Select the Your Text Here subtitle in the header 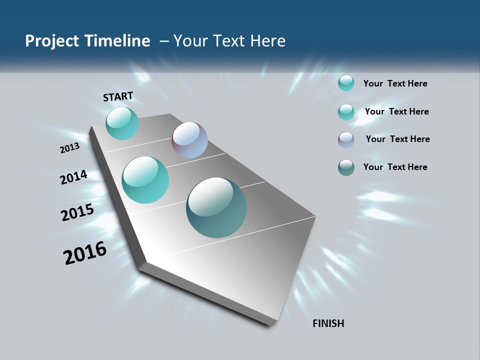click(x=229, y=41)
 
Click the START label click(x=118, y=96)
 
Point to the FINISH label click(x=328, y=323)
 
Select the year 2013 click(x=69, y=148)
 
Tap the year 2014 click(x=74, y=177)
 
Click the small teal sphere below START click(x=122, y=123)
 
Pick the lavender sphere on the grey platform click(x=189, y=140)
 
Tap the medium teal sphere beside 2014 click(x=145, y=180)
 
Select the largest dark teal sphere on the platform click(x=216, y=207)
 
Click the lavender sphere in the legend click(x=346, y=140)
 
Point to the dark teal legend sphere click(x=346, y=167)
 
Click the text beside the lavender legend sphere click(x=397, y=139)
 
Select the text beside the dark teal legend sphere click(x=395, y=167)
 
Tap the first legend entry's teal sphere click(x=346, y=83)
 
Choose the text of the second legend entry click(x=396, y=111)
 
